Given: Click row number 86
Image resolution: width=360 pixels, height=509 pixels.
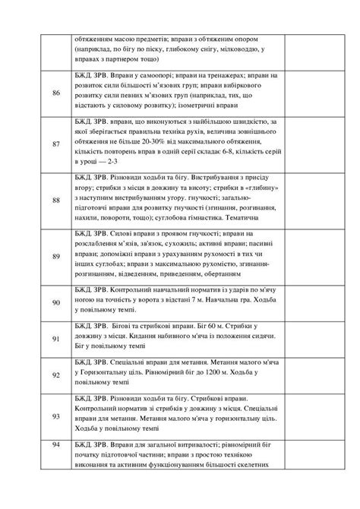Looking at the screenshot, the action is click(56, 93).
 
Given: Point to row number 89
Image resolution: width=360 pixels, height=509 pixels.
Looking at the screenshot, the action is click(56, 256).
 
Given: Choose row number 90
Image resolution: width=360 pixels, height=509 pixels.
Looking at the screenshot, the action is click(56, 302).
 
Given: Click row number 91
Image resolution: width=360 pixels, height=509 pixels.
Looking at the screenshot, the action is click(56, 338).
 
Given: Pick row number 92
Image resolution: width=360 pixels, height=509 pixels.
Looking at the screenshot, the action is click(56, 375).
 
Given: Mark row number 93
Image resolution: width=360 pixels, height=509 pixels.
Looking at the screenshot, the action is click(56, 416).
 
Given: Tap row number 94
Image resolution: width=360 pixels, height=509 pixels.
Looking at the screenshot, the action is click(56, 444).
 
